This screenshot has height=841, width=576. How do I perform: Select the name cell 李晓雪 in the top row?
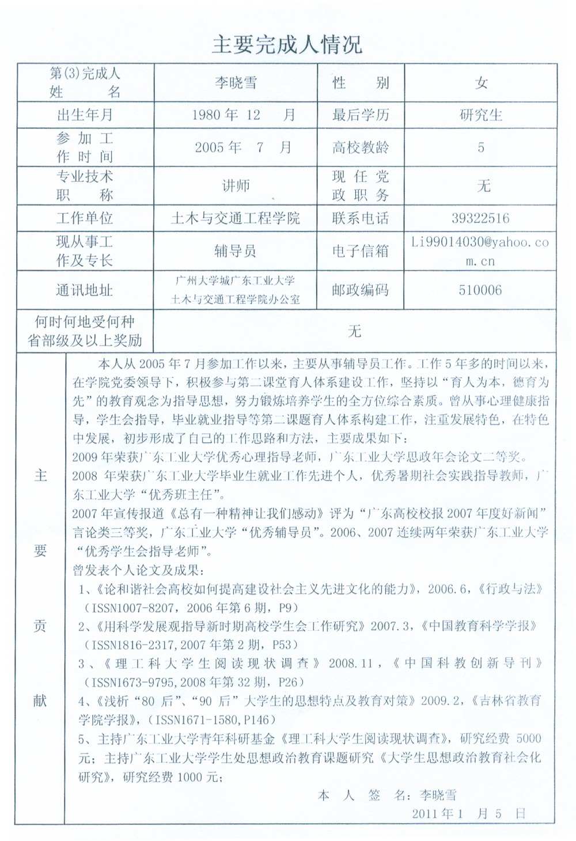pos(236,82)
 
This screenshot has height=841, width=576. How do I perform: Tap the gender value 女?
pos(481,83)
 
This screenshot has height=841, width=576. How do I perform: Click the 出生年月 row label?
pos(85,115)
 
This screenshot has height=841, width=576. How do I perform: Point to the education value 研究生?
pos(481,115)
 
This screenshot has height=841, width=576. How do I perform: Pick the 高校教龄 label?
pos(361,147)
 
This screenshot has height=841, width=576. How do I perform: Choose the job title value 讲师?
pos(236,185)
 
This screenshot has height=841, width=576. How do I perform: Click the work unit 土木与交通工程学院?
pos(236,218)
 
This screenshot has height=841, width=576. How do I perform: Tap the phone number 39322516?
pos(480,218)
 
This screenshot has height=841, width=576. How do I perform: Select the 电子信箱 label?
pos(361,251)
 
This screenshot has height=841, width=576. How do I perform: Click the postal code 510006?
pos(480,290)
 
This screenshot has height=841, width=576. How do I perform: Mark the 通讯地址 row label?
pos(85,290)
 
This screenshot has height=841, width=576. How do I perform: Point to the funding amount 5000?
pos(529,738)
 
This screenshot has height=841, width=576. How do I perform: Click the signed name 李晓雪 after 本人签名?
pos(438,795)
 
